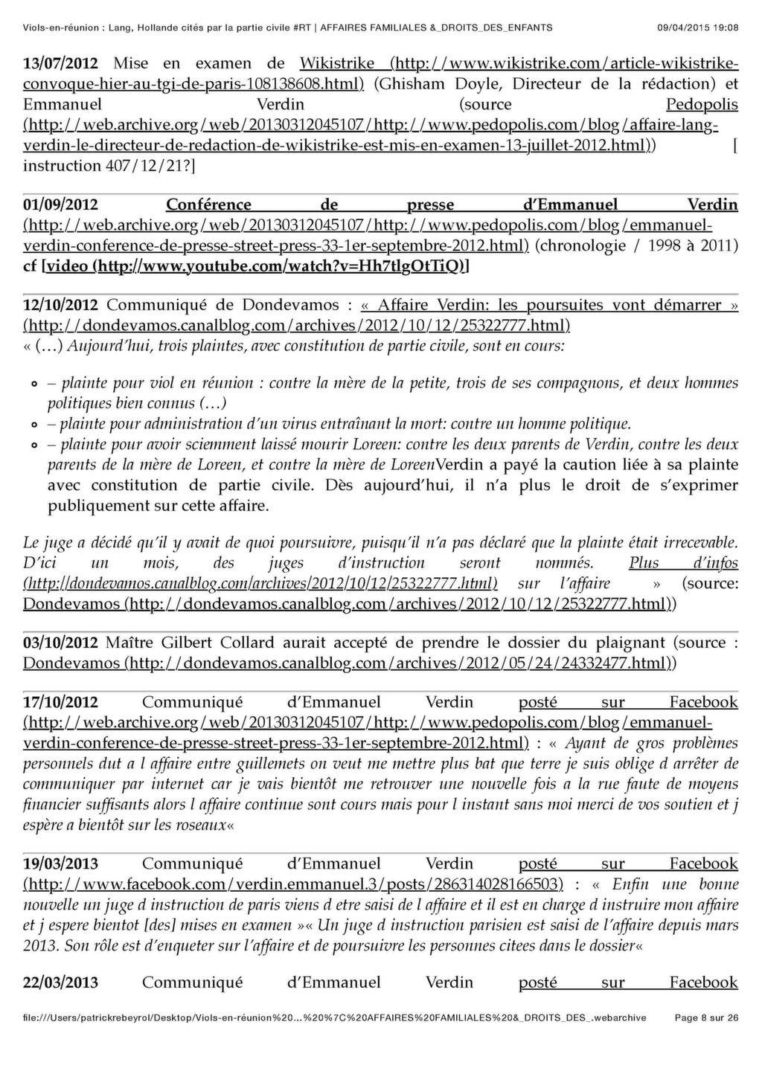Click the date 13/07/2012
(x=60, y=63)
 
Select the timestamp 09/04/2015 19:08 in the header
(x=698, y=28)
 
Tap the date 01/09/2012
(x=60, y=205)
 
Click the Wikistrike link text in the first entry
(x=336, y=63)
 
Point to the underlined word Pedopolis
(x=702, y=104)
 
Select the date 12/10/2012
(x=60, y=305)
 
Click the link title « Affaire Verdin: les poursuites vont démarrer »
(x=548, y=305)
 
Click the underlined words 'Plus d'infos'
(x=683, y=563)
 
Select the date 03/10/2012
(x=60, y=643)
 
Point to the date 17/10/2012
(x=60, y=702)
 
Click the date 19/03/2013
(x=60, y=864)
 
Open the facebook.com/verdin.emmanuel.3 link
(x=292, y=884)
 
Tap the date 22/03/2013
(x=60, y=983)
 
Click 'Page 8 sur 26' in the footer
(x=706, y=1017)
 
